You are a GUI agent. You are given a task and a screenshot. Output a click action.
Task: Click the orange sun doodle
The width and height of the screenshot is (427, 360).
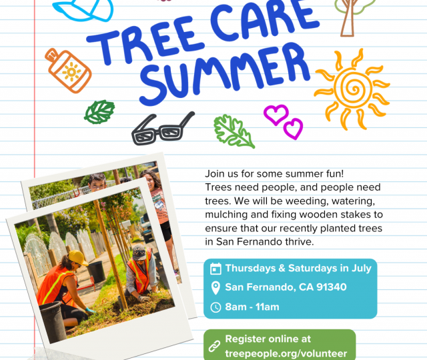(353, 89)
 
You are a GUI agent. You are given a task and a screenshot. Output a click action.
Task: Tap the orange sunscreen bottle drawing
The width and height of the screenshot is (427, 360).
(68, 71)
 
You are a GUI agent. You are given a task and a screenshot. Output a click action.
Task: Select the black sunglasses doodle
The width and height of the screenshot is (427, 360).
(163, 129)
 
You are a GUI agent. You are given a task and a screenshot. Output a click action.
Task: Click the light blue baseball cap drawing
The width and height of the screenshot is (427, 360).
(83, 10)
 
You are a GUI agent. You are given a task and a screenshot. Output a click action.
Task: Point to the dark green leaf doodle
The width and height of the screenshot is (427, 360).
(99, 112)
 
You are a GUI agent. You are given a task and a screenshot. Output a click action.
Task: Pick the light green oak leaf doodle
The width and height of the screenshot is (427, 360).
(234, 132)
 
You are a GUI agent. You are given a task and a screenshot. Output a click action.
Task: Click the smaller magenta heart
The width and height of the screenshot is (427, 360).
(293, 129)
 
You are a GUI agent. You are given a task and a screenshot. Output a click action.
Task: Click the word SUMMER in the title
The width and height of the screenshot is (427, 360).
(224, 73)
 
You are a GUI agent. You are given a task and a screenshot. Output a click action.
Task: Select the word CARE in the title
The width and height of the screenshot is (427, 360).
(264, 23)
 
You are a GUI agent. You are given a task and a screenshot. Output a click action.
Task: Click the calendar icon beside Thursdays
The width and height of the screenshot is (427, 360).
(216, 269)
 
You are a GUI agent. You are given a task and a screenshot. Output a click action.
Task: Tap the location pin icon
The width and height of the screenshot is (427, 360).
(216, 288)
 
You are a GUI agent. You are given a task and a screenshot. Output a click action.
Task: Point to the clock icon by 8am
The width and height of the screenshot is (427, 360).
(216, 307)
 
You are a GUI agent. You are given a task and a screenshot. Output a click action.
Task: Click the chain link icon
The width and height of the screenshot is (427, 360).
(214, 346)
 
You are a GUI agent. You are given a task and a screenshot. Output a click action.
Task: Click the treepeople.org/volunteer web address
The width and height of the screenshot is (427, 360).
(286, 353)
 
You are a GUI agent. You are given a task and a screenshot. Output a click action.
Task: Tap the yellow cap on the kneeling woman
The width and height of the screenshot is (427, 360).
(78, 258)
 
